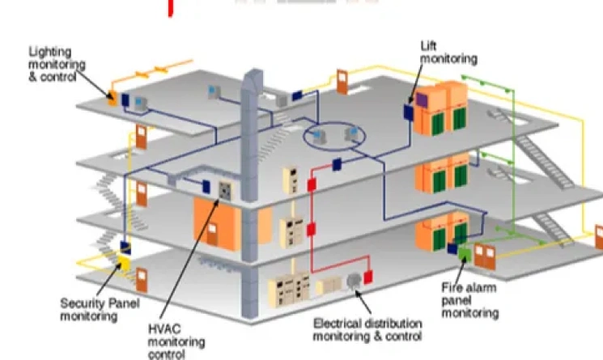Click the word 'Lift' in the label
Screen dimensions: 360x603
tap(428, 46)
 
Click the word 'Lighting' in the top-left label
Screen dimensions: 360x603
tap(48, 51)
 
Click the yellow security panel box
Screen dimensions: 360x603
tap(125, 262)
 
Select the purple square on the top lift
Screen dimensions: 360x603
tap(421, 99)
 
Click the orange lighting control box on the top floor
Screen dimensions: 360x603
tap(113, 100)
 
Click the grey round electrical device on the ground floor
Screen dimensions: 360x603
tap(354, 281)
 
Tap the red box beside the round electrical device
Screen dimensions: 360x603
tap(368, 277)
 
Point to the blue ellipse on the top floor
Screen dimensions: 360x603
tap(334, 135)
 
